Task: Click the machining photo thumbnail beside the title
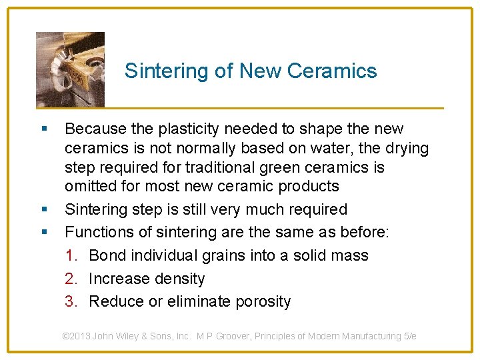[70, 69]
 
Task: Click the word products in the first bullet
[308, 186]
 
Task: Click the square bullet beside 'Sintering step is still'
[43, 209]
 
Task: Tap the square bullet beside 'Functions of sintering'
[43, 232]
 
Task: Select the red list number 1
[70, 255]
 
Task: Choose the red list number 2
[70, 279]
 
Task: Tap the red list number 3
[70, 301]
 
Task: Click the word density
[179, 279]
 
